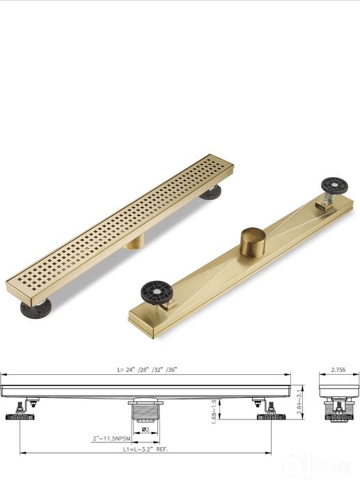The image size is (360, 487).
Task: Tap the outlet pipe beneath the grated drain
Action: click(x=135, y=242)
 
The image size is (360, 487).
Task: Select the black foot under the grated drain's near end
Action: click(x=35, y=308)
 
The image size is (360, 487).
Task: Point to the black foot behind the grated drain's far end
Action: click(x=210, y=192)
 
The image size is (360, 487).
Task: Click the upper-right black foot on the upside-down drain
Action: click(x=334, y=185)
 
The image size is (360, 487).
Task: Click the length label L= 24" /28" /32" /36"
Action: click(x=147, y=369)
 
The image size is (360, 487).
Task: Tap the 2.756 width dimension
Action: click(x=338, y=369)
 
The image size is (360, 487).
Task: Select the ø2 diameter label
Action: click(x=146, y=430)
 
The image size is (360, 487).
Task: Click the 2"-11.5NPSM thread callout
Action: click(x=111, y=438)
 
